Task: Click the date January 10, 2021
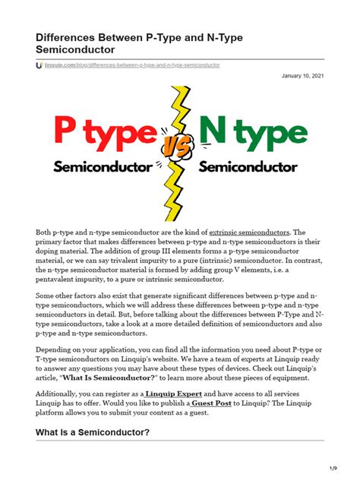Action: [302, 77]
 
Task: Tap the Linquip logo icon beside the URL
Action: [39, 65]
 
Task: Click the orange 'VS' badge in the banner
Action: [175, 150]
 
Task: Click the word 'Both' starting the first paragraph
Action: [46, 231]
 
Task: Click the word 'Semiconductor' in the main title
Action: [76, 49]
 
